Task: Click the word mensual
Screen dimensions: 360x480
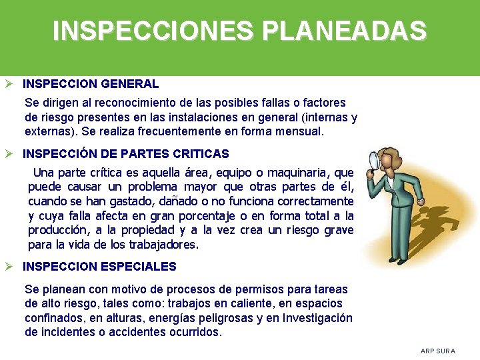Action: [299, 132]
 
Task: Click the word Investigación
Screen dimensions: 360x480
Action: [317, 318]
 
